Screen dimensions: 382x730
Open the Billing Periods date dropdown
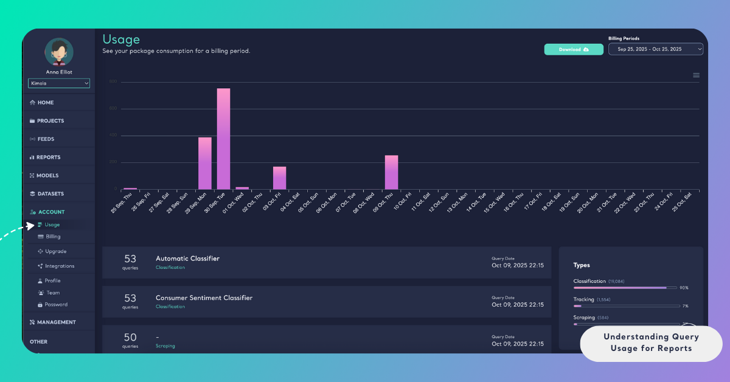click(655, 49)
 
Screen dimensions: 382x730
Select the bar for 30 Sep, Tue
click(223, 139)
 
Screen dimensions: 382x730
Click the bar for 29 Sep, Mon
click(205, 163)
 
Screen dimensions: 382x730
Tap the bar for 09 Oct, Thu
click(391, 172)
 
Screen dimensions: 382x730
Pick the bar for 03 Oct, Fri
click(279, 178)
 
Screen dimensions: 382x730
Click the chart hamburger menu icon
click(696, 75)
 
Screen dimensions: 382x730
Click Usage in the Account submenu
click(52, 224)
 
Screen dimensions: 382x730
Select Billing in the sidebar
click(53, 237)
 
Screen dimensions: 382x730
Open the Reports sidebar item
click(48, 157)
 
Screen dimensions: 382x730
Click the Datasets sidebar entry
click(50, 193)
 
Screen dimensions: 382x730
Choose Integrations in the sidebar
click(59, 266)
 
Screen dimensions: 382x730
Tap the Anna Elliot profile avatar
click(59, 52)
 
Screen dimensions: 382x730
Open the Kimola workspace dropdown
click(59, 83)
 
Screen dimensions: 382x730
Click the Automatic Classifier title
click(187, 259)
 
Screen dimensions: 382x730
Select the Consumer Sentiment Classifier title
click(204, 298)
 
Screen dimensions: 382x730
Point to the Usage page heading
click(121, 40)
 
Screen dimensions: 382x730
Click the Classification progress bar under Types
click(625, 287)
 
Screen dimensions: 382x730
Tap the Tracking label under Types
click(583, 300)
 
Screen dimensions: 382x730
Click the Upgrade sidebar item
click(55, 251)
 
